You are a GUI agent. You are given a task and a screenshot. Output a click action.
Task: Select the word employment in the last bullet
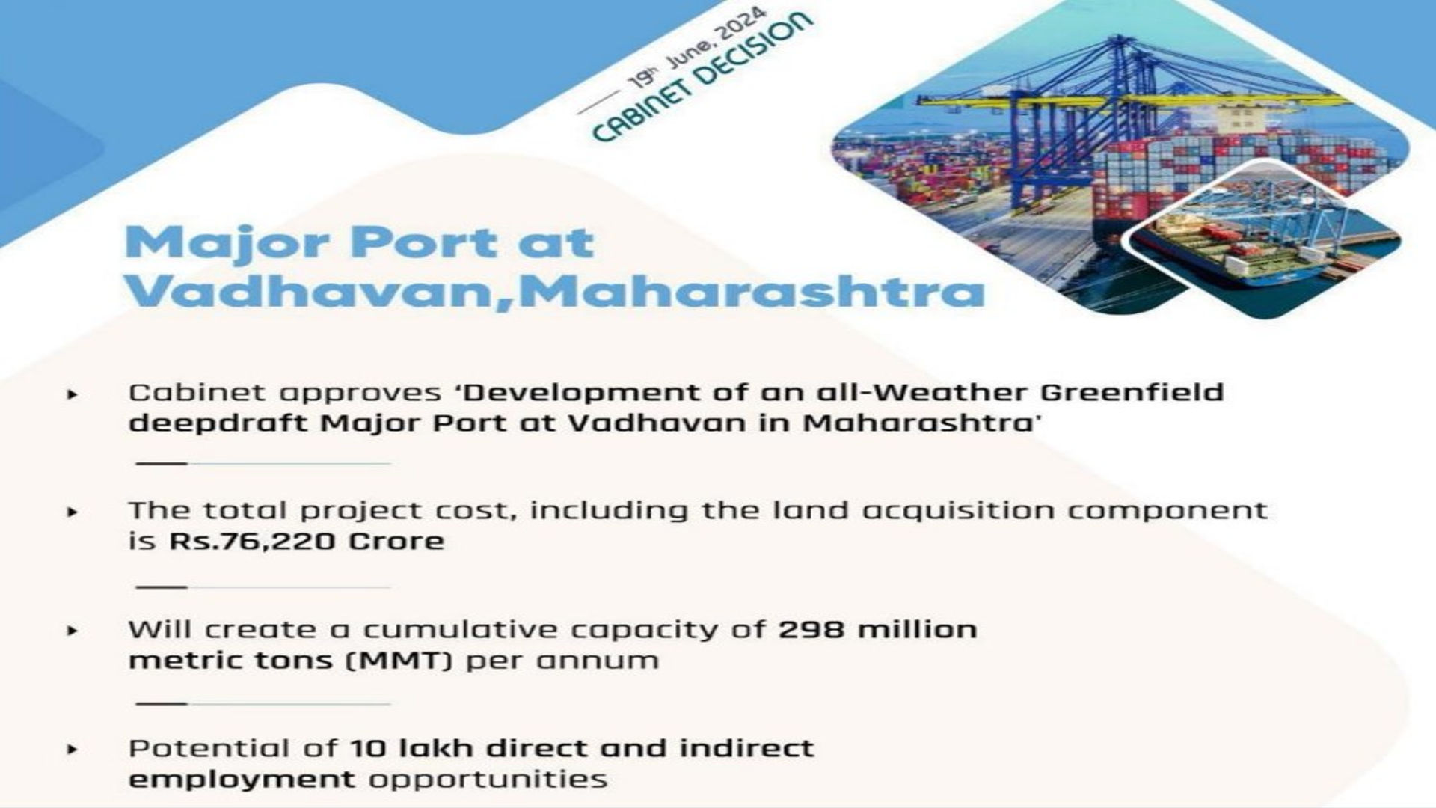pos(242,780)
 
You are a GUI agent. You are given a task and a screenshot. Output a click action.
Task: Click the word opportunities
pos(488,780)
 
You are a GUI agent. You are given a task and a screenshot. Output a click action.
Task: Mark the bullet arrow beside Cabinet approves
pos(73,394)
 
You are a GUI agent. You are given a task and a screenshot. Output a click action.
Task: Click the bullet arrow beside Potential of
pos(73,749)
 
